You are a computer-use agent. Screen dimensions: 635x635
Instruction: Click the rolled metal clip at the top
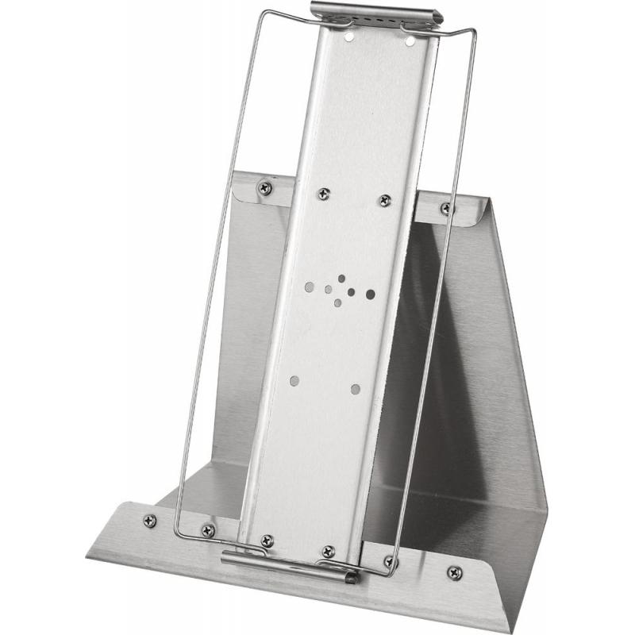point(373,14)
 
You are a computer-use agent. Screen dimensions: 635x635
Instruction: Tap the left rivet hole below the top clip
point(349,36)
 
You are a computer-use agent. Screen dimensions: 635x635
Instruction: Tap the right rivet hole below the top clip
point(410,39)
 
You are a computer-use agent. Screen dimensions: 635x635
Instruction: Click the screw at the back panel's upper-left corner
point(264,188)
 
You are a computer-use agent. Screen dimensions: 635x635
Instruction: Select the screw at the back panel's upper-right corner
point(446,209)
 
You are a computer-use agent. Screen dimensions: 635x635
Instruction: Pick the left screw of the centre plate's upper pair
point(323,193)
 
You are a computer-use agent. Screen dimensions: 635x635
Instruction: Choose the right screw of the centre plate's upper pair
point(385,200)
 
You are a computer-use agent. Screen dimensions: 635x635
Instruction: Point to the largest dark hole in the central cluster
point(370,294)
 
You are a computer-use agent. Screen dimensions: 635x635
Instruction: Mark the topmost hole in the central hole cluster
point(342,279)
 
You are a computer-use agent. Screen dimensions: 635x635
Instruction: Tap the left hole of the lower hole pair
point(294,381)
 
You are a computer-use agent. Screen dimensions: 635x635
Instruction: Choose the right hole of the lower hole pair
point(355,389)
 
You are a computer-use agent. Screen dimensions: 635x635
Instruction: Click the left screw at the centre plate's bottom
point(266,541)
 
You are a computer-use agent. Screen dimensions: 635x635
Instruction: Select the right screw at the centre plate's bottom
point(328,551)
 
